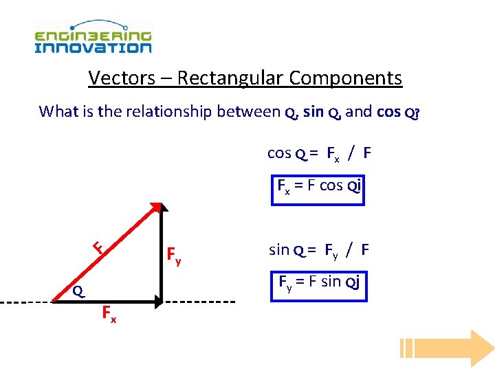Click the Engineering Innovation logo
pyautogui.click(x=93, y=38)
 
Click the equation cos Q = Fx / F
pyautogui.click(x=319, y=153)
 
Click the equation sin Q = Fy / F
pyautogui.click(x=318, y=250)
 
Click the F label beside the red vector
pyautogui.click(x=98, y=247)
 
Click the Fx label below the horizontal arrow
pyautogui.click(x=109, y=315)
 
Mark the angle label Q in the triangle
pyautogui.click(x=79, y=292)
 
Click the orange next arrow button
pyautogui.click(x=447, y=348)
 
